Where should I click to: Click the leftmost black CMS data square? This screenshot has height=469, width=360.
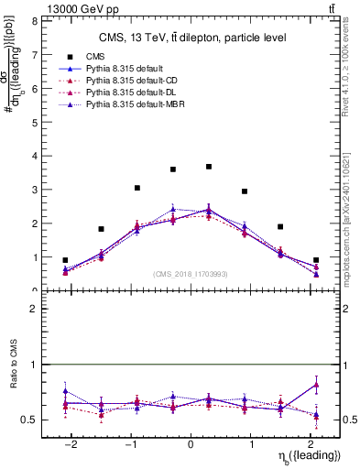coord(65,260)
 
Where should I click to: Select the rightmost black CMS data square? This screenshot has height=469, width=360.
coord(316,260)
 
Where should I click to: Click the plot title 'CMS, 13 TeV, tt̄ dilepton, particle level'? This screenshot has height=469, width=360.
coord(191,38)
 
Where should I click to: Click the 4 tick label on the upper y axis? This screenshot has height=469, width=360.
coord(35,156)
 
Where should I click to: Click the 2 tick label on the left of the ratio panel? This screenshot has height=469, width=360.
coord(35,309)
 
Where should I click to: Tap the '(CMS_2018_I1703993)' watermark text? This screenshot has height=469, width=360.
coord(191,274)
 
